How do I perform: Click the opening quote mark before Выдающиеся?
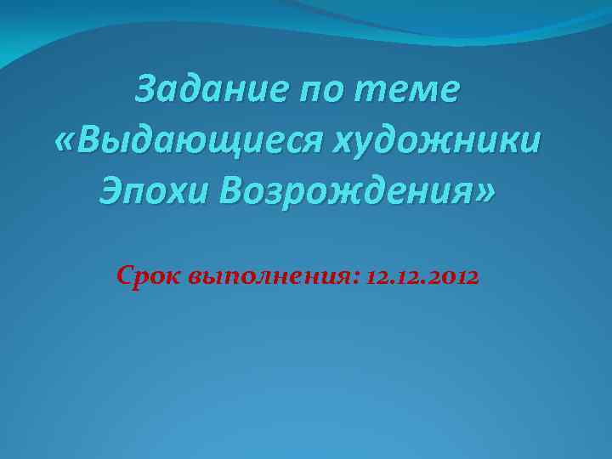click(x=63, y=140)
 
